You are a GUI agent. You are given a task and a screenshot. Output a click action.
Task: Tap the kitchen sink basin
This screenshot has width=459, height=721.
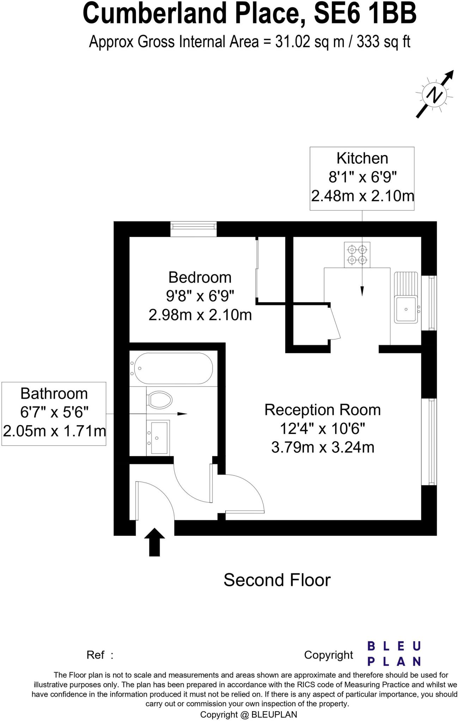[406, 309]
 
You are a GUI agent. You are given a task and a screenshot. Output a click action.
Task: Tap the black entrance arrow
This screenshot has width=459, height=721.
[154, 542]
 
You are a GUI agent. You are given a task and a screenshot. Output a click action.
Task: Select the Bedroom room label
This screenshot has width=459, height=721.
[200, 277]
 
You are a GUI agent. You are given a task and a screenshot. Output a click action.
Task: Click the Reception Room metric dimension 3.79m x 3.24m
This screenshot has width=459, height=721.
[323, 447]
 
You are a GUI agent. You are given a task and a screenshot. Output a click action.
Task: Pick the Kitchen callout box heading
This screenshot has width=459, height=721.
[362, 158]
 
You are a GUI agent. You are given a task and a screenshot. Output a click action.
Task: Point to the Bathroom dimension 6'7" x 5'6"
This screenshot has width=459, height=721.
[54, 412]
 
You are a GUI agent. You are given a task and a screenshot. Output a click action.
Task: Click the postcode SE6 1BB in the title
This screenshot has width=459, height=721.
[365, 13]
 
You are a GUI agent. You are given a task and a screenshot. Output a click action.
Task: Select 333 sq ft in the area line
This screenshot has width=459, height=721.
[384, 42]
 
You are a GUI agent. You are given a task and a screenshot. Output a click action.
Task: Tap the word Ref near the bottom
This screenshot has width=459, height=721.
[96, 655]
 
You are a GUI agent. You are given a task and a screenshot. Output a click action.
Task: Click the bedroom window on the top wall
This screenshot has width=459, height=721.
[193, 229]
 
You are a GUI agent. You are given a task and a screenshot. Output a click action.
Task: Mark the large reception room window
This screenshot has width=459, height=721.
[429, 441]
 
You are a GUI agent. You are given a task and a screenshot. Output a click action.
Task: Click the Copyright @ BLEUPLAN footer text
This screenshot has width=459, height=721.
[249, 714]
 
